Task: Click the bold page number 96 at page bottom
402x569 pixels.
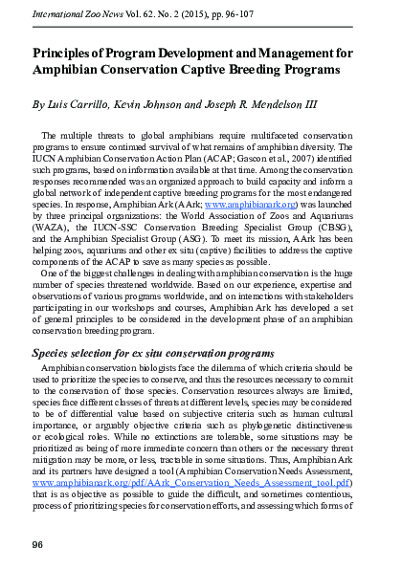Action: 38,544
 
